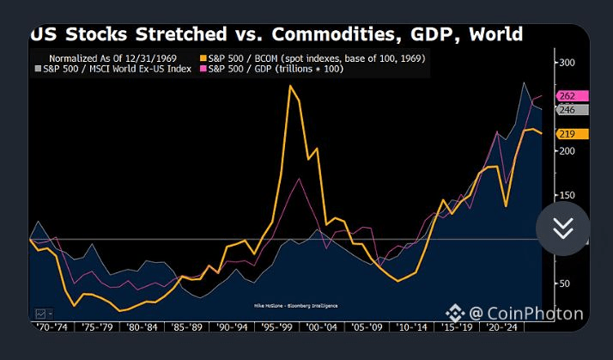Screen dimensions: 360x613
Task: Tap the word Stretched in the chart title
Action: [x=171, y=35]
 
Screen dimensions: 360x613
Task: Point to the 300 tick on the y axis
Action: [x=567, y=63]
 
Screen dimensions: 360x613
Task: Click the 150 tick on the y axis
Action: [x=567, y=195]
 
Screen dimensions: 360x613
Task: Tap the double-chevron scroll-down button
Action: [x=563, y=228]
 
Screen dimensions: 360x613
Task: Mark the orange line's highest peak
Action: [x=290, y=85]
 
